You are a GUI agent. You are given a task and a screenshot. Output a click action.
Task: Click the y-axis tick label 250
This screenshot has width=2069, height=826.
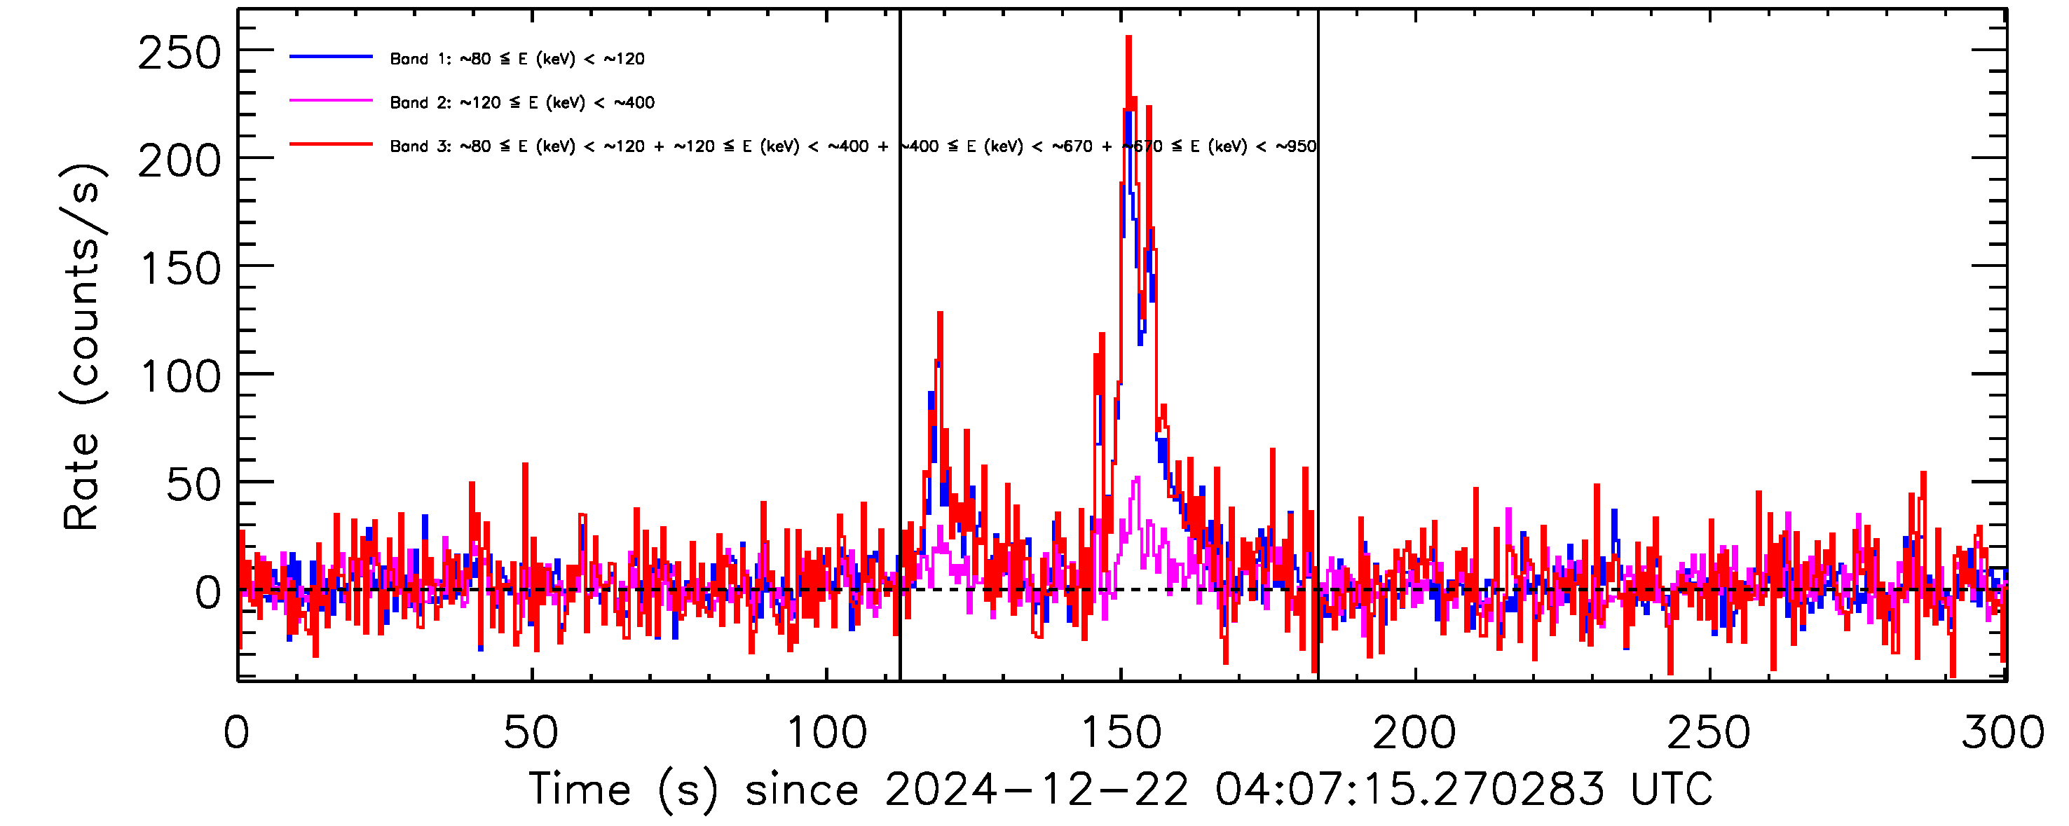(x=179, y=55)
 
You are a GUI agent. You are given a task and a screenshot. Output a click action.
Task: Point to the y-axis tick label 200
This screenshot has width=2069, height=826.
(x=179, y=162)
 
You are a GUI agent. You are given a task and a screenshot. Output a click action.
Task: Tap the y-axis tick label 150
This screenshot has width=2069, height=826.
(x=180, y=270)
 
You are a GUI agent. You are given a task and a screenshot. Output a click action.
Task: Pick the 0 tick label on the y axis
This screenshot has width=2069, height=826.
(x=208, y=594)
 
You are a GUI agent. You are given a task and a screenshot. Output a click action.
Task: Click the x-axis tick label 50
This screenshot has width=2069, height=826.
(x=531, y=733)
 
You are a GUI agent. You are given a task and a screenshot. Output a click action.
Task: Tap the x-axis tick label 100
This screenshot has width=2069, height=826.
(x=826, y=733)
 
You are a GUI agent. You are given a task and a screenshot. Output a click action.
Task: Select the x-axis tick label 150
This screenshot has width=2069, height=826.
(x=1121, y=733)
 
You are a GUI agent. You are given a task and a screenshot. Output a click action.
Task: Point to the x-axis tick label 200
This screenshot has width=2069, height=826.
(x=1414, y=733)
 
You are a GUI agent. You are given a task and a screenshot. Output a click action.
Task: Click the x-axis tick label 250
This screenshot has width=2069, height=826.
(x=1709, y=733)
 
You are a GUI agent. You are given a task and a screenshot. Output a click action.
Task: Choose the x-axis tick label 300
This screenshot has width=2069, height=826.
(x=2003, y=733)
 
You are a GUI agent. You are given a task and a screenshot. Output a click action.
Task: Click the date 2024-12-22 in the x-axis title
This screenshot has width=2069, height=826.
(x=1036, y=789)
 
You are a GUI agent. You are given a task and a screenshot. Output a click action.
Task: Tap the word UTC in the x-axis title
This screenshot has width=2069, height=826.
(x=1672, y=789)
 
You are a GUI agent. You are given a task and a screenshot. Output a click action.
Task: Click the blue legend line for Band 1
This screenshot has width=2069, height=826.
(x=331, y=57)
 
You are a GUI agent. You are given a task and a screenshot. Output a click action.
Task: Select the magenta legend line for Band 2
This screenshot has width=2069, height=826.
(x=331, y=101)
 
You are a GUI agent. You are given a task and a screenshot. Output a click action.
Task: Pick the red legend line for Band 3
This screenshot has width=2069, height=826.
(x=331, y=144)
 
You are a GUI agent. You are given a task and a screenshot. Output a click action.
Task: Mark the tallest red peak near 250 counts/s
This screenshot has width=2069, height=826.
(x=1128, y=39)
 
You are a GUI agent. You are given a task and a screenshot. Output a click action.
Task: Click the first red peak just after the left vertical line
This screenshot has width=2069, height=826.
(x=940, y=315)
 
